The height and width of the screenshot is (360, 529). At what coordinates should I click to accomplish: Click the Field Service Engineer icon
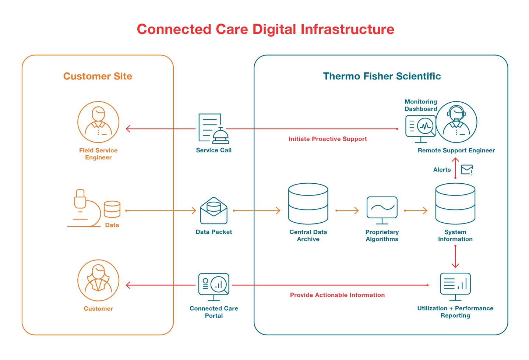click(x=98, y=122)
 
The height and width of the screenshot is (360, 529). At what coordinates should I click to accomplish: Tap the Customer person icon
click(x=98, y=280)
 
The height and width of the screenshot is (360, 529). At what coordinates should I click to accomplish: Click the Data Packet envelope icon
click(x=214, y=211)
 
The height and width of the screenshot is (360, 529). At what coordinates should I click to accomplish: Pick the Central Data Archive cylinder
click(x=308, y=204)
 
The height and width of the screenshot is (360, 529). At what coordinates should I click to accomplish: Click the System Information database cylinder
click(x=455, y=204)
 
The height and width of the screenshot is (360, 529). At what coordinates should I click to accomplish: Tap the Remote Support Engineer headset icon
click(x=456, y=122)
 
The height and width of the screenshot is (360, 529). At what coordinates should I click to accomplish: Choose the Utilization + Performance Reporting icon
click(x=455, y=286)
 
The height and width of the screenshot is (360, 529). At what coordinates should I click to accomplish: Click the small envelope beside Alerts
click(x=467, y=169)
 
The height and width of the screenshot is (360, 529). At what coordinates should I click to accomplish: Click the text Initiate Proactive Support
click(x=328, y=139)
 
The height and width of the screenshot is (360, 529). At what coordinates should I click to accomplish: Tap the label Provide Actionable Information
click(x=337, y=295)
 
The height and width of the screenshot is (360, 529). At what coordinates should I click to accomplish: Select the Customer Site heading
click(x=98, y=76)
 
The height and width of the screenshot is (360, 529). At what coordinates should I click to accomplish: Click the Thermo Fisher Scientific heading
click(x=382, y=76)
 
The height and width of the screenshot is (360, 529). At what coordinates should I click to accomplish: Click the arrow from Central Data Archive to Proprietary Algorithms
click(x=347, y=211)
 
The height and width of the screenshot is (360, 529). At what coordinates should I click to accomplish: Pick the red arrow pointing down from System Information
click(x=455, y=257)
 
